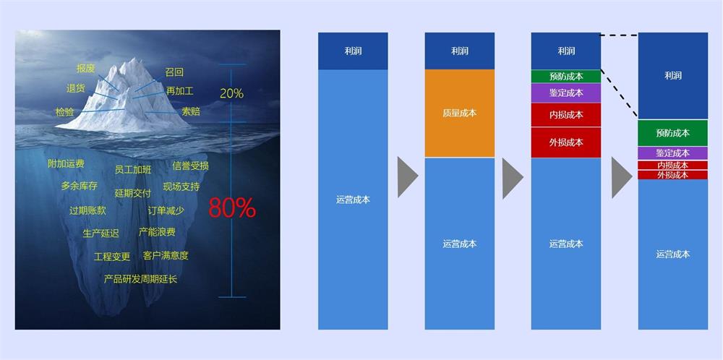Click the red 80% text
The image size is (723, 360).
coord(232,208)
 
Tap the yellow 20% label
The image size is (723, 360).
coord(231,93)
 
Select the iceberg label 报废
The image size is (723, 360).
coord(86,69)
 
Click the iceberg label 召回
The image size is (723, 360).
coord(174,72)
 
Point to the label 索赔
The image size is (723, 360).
coord(191,111)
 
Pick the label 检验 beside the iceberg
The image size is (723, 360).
coord(65,112)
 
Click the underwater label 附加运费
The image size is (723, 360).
coord(66,163)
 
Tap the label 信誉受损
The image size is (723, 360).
coord(190,166)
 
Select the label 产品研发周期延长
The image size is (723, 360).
coord(140,279)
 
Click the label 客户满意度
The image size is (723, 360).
coord(166,255)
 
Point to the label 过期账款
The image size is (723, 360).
coord(87,210)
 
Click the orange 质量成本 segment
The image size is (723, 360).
coord(460,113)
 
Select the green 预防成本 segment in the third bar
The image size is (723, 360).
coord(566,77)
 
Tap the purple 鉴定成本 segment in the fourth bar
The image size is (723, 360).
coord(673,153)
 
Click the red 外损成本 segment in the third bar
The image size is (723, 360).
coord(566,142)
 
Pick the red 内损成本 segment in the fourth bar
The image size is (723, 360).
coord(673,165)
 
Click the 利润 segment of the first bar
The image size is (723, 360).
coord(354,51)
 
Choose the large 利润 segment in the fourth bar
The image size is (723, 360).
coord(673,76)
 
